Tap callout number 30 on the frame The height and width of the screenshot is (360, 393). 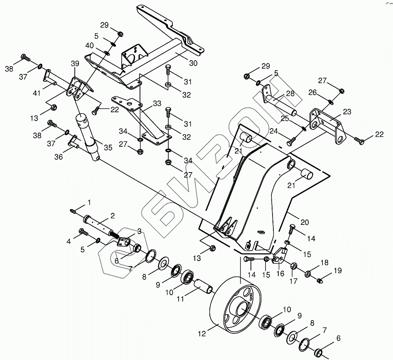tap(193, 63)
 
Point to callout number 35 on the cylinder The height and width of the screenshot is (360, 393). tap(108, 147)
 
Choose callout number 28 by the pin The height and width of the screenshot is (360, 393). tap(290, 93)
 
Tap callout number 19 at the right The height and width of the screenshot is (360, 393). tap(337, 271)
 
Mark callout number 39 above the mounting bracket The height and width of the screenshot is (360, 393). tap(75, 64)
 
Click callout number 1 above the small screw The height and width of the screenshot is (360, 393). tap(88, 202)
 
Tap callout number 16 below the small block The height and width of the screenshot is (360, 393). tap(280, 274)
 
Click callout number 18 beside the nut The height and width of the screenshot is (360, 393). tap(324, 262)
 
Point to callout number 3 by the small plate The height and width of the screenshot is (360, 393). tap(139, 231)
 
